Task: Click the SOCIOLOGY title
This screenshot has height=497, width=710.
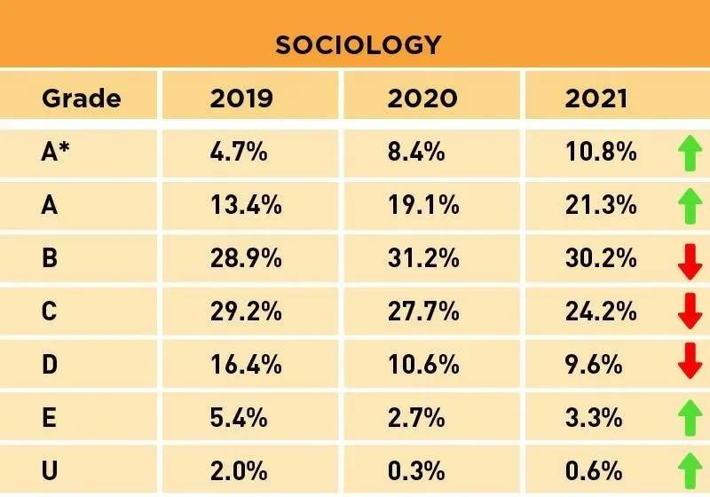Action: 358,44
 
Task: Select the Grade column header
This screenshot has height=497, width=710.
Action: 81,98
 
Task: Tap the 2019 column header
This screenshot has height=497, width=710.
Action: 241,98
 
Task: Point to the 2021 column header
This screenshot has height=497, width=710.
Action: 596,98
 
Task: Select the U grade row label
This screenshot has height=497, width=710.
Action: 50,470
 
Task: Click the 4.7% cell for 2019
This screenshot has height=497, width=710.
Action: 239,152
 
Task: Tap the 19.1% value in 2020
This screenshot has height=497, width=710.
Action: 423,206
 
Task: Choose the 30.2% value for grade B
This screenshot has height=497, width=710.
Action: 601,258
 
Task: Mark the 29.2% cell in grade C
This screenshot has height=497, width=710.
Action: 246,312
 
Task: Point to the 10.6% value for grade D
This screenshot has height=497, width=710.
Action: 423,365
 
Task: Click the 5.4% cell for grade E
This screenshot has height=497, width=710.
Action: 239,417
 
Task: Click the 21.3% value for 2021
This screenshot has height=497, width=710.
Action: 601,206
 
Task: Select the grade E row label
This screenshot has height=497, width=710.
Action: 50,417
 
